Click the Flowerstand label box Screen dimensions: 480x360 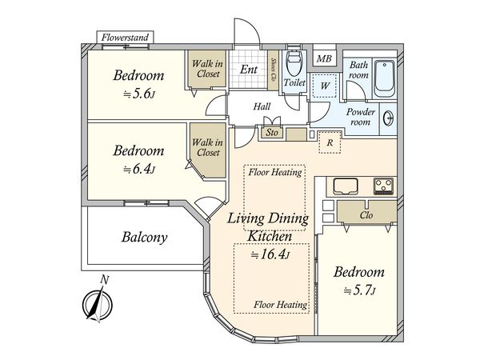coord(125,38)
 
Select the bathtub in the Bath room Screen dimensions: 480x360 coord(385,78)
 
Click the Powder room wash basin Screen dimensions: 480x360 coord(389,118)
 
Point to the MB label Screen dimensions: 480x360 coord(324,58)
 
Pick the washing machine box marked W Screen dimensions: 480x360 coord(325,86)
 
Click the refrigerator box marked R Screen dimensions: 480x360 coord(330,142)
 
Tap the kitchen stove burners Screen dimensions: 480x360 coord(383,186)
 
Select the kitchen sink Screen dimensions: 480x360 coord(346,186)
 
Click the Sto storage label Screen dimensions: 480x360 coord(272,133)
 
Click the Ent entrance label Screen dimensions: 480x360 coord(248,70)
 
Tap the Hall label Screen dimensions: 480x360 coord(262,106)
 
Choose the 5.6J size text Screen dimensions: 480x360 coord(139,94)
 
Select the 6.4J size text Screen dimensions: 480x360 coord(139,169)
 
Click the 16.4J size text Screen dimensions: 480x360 coord(270,254)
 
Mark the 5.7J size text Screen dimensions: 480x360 coord(359,290)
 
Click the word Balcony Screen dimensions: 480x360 coord(145,238)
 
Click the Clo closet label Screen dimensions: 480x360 coord(366,215)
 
